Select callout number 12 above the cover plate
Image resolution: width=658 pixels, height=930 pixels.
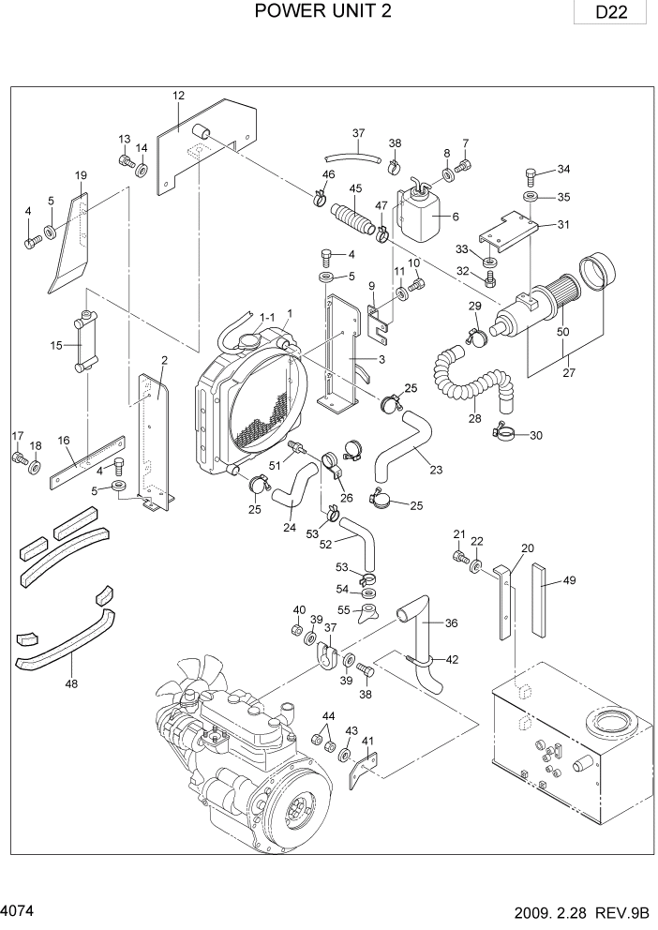(178, 95)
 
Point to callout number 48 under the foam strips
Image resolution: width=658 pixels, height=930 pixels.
(71, 683)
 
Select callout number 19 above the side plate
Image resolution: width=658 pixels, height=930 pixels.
(81, 175)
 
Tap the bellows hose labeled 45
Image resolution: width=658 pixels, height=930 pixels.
(357, 218)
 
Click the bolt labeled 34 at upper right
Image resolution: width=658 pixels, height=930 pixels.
(531, 174)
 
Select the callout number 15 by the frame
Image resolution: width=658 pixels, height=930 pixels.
(56, 346)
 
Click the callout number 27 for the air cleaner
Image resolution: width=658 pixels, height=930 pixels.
(568, 372)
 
